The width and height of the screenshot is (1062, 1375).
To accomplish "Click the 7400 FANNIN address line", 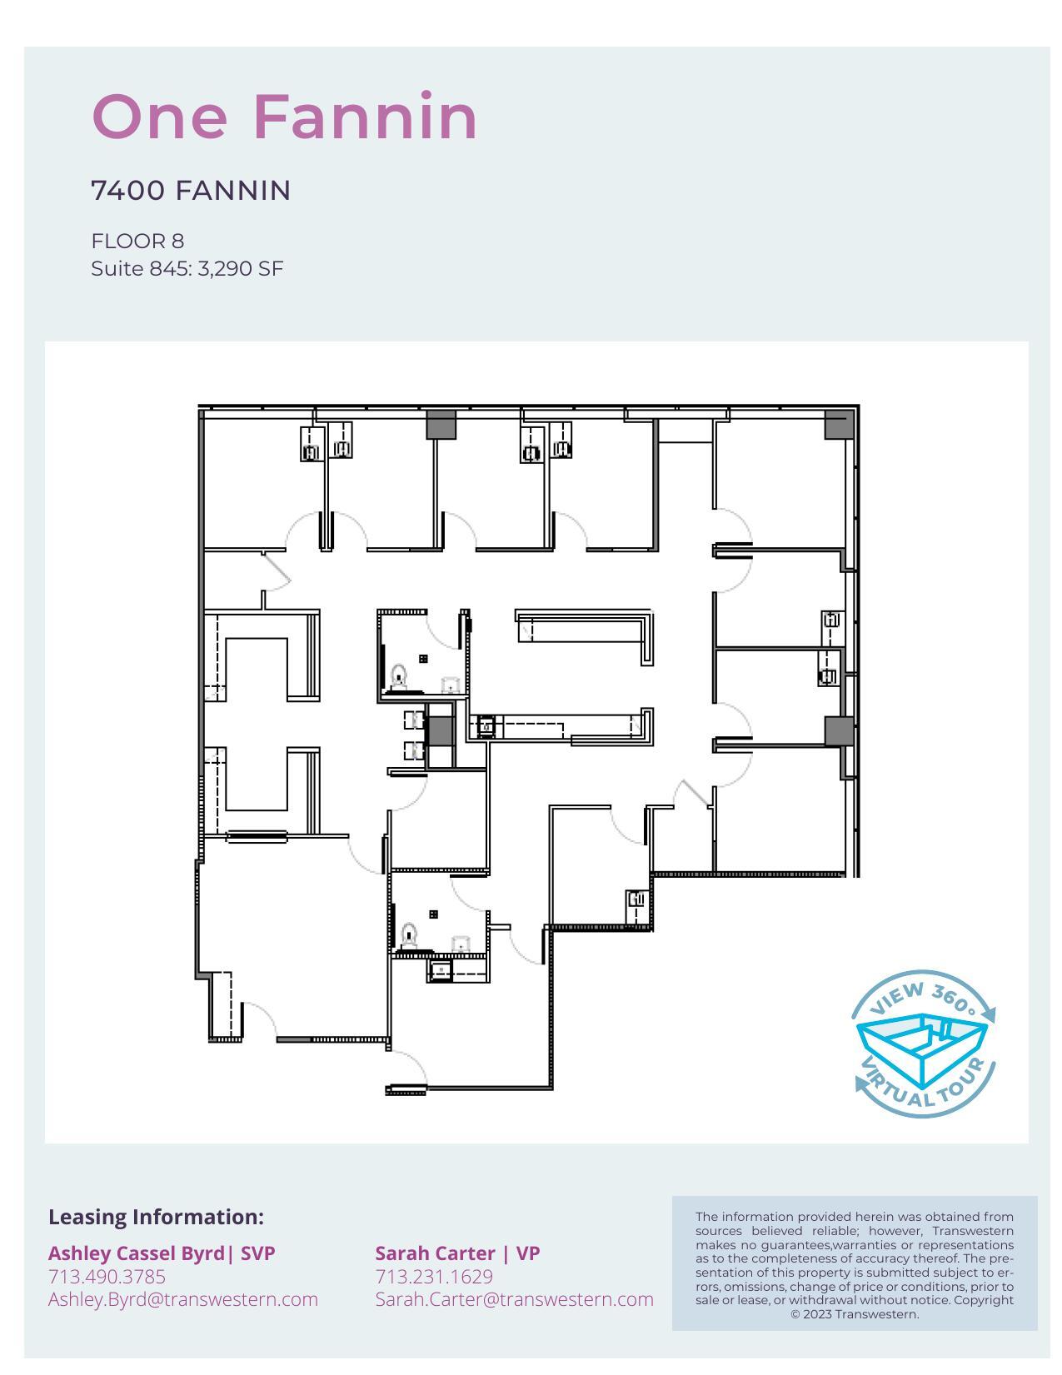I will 191,191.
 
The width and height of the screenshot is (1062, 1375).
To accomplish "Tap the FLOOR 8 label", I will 137,242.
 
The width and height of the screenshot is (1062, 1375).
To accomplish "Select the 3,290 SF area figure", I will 241,269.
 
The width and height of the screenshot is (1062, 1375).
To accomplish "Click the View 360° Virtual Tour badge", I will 923,1043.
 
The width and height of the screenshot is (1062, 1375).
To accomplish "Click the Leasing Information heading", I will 156,1217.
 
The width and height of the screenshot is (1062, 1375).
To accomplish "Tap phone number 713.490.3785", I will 107,1277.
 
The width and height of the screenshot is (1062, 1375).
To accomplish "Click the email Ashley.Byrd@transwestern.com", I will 182,1299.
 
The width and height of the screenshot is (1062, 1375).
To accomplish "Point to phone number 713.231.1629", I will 434,1277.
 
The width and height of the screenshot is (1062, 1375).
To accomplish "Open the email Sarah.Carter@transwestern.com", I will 514,1299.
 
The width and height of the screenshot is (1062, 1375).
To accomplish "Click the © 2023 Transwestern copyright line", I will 855,1314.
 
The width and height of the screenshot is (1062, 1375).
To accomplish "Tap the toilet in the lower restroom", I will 409,934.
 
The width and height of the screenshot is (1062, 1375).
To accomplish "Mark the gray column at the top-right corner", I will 839,425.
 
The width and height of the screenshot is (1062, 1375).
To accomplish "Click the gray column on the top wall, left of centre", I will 441,425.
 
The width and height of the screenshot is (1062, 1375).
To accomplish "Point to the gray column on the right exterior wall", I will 840,731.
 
